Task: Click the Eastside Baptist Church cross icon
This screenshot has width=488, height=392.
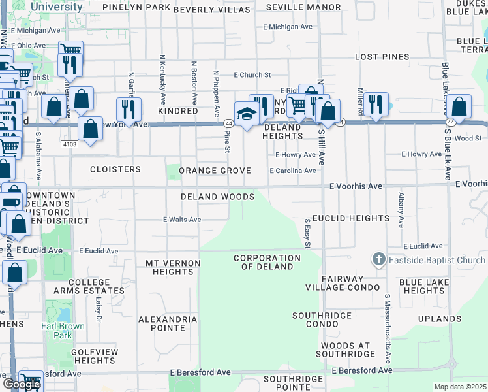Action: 378,260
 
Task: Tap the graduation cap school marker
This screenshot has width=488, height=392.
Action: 247,114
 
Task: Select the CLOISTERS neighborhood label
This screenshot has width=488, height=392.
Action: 115,169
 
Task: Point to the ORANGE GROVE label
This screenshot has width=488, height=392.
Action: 215,171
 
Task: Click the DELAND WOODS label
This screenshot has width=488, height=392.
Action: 218,197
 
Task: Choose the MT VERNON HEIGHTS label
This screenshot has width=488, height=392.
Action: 172,267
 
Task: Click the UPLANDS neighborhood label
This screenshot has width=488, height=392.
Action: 440,319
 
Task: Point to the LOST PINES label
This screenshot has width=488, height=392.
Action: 382,57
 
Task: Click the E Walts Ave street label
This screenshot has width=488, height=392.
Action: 182,220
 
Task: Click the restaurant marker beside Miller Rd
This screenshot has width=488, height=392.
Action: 375,105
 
